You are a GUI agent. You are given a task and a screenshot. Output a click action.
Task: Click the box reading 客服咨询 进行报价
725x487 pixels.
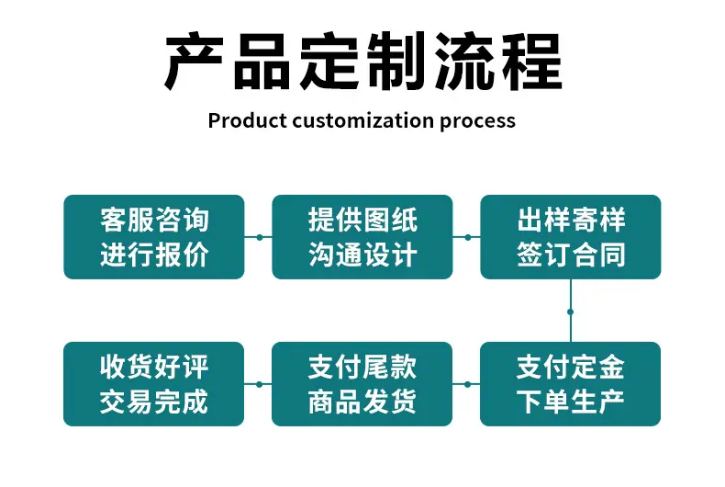coord(154,237)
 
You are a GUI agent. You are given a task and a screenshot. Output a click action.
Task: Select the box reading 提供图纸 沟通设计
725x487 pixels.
coord(362,237)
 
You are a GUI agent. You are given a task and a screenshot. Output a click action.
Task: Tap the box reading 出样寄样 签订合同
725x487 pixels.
coord(571,237)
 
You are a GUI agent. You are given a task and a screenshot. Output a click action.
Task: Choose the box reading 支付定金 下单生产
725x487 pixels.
coord(570,384)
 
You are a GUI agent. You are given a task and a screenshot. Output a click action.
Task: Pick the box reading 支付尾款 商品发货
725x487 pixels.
coord(362,384)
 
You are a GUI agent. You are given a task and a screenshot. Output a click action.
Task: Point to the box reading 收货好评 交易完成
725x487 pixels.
coord(153,384)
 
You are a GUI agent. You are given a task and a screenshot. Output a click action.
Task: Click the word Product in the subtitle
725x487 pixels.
coord(248,120)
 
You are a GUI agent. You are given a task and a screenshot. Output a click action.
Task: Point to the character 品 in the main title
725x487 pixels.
coord(262,61)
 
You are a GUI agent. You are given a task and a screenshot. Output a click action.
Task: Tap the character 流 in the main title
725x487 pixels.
coord(464,61)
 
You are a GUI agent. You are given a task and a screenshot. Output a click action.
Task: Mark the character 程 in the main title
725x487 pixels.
coord(532,61)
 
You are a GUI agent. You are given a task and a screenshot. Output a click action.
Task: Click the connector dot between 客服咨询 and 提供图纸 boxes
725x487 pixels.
coord(260,237)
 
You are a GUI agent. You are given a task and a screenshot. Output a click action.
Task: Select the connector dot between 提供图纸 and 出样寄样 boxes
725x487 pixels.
coord(468,237)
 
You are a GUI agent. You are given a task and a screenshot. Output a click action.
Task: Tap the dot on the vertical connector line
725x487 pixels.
coord(571,312)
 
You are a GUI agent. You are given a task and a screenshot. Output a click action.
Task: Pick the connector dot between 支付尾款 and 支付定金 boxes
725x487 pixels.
coord(467,384)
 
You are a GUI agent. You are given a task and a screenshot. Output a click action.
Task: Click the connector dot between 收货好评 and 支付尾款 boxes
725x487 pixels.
coord(259,384)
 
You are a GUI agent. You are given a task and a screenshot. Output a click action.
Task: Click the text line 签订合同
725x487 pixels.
coord(571,255)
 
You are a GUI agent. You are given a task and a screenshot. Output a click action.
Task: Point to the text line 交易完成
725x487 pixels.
coord(154,402)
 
